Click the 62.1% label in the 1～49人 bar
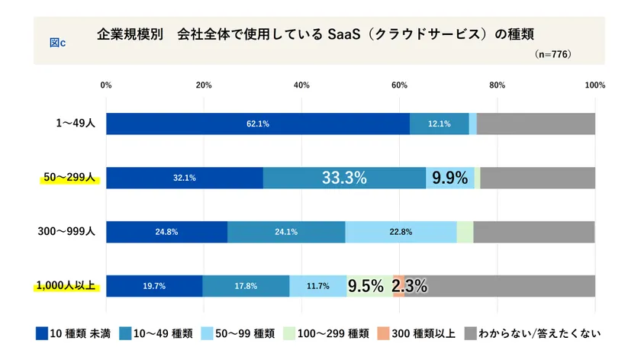click(x=257, y=124)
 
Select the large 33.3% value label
click(x=344, y=178)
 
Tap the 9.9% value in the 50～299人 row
click(x=449, y=178)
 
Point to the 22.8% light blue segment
click(x=401, y=232)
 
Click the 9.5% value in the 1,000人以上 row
click(x=366, y=286)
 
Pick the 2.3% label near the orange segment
click(x=409, y=286)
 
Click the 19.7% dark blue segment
click(x=154, y=286)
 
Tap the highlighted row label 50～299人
click(x=68, y=178)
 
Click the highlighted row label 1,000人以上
click(x=65, y=286)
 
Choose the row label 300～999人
click(x=66, y=232)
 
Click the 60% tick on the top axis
click(x=399, y=85)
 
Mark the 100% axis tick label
click(x=594, y=85)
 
